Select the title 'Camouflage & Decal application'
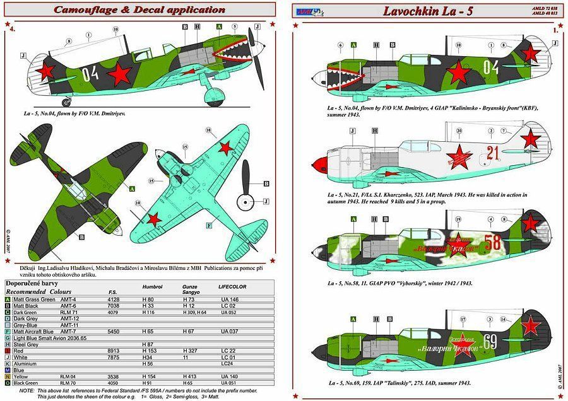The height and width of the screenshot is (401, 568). click(x=139, y=9)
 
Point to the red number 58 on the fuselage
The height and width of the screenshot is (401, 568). click(x=495, y=242)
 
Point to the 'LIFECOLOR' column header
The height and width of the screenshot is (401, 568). click(x=232, y=288)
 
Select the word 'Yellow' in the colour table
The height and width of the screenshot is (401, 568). click(x=23, y=376)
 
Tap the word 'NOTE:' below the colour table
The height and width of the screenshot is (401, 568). click(x=27, y=391)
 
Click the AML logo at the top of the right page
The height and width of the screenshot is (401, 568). click(x=307, y=9)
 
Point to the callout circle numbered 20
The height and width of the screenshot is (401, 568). click(x=459, y=131)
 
